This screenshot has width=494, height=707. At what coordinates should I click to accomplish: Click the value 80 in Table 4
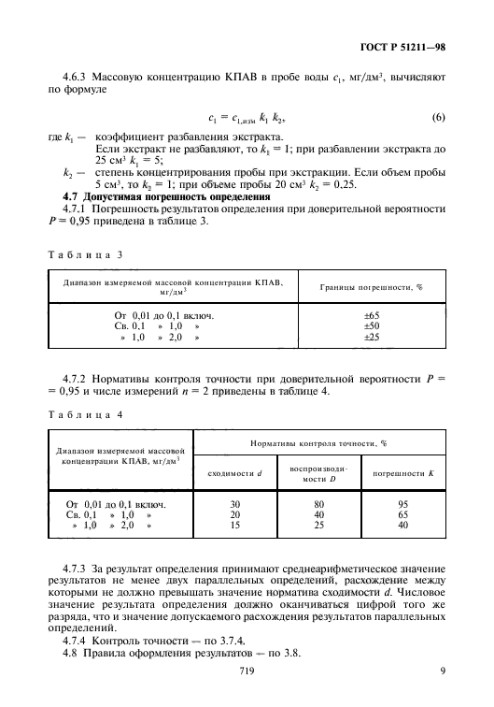pos(318,504)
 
